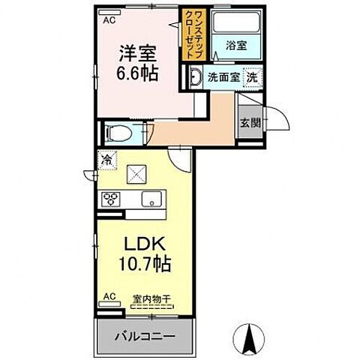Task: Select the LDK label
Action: [143, 245]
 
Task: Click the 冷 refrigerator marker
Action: [107, 159]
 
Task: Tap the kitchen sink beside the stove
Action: [153, 199]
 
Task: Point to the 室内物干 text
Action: [151, 298]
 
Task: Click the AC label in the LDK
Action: [109, 295]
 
